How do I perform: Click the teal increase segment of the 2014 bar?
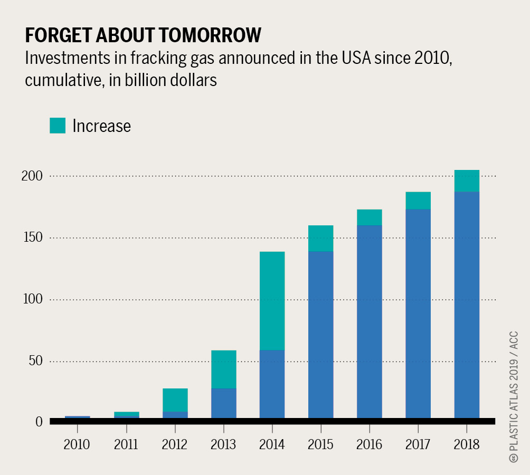point(272,301)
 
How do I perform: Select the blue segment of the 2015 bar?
point(320,335)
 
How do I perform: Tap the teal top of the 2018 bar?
point(467,181)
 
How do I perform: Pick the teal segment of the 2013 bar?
point(223,369)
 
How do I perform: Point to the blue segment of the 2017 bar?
point(418,313)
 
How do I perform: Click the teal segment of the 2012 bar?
point(175,400)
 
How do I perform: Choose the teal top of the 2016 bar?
point(369,217)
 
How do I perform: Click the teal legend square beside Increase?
point(58,126)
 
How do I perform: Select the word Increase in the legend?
point(101,126)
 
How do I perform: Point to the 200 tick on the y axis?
point(31,176)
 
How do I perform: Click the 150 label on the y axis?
point(31,237)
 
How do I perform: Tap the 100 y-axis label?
point(31,299)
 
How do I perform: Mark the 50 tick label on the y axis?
point(34,361)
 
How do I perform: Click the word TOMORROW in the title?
point(201,35)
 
